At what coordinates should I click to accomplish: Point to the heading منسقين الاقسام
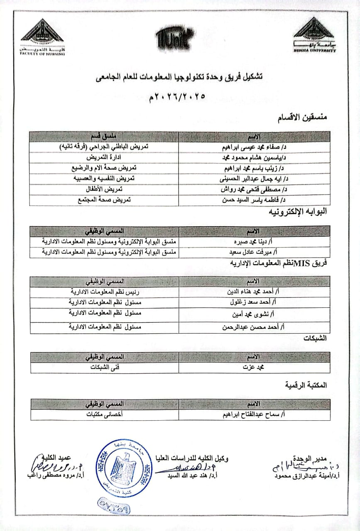(302, 118)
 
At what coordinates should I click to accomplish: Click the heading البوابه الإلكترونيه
(299, 212)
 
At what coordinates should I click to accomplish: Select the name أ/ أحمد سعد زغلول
(254, 302)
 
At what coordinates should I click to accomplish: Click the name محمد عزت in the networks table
(255, 368)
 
